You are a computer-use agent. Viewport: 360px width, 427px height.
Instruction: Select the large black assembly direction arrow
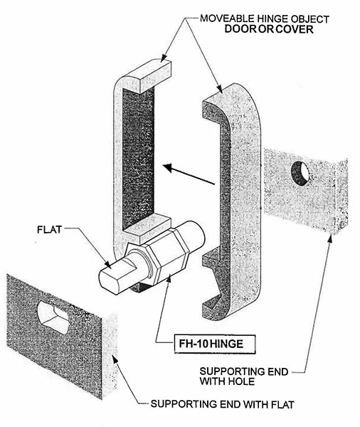point(188,175)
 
